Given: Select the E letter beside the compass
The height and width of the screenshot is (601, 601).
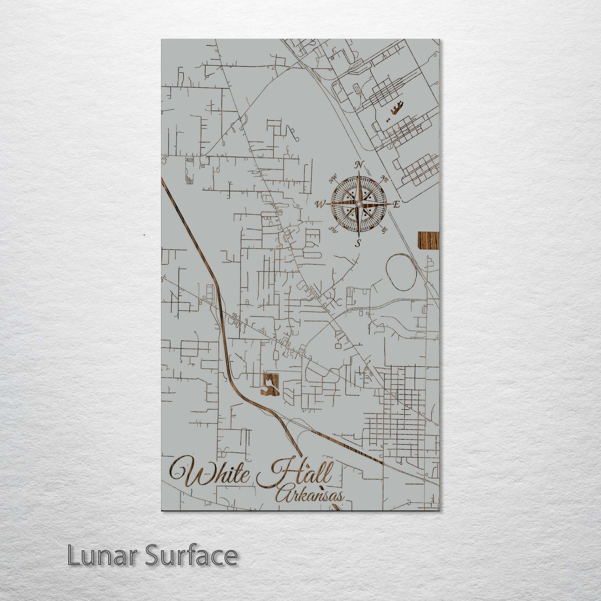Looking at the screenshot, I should [396, 204].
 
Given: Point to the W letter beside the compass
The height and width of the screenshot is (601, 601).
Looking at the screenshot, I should [320, 204].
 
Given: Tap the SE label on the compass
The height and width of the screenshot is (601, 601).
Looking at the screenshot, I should [384, 229].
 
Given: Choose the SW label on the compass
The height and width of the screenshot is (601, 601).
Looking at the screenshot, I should [333, 229].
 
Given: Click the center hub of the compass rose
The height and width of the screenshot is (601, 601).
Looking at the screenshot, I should [358, 203].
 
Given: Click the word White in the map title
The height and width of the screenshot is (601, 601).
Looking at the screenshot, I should [210, 472].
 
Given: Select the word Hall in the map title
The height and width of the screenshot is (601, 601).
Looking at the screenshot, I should [295, 472].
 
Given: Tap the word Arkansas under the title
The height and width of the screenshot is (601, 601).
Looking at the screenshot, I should [310, 495].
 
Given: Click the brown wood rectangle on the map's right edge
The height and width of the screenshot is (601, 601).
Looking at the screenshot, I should [428, 241].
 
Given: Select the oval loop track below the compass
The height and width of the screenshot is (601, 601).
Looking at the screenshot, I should [401, 272].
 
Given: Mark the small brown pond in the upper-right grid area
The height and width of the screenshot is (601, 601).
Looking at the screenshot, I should [396, 109].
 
